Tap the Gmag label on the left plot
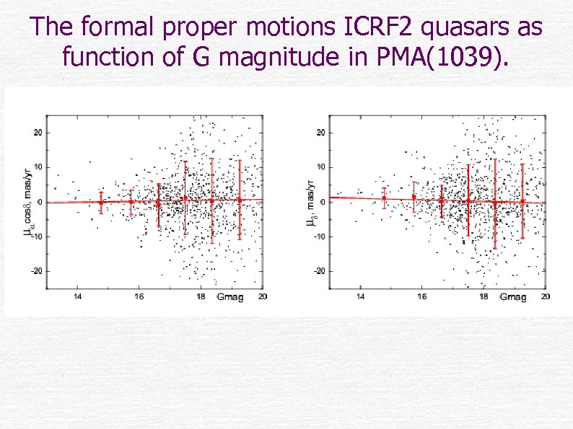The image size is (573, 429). click(229, 297)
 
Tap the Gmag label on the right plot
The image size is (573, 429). click(512, 297)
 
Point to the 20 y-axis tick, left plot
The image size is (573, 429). click(38, 133)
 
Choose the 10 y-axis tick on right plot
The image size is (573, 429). click(321, 167)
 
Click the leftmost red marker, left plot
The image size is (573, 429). click(101, 203)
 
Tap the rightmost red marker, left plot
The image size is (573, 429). click(240, 200)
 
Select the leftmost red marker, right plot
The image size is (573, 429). click(385, 198)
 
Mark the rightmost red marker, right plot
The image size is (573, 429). click(522, 201)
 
